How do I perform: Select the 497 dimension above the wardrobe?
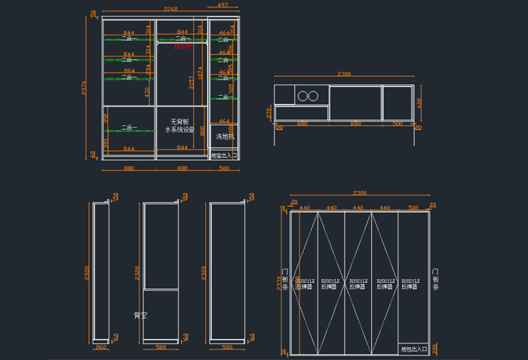(x=223, y=5)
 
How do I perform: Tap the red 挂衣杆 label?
(x=183, y=46)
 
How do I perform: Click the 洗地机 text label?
(x=226, y=137)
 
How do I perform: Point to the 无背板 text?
(x=178, y=121)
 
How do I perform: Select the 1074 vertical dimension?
(x=200, y=74)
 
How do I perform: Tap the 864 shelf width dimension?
(x=129, y=71)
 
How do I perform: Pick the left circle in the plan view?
(x=302, y=96)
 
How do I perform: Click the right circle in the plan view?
(x=315, y=96)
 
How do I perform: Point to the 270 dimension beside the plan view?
(x=269, y=112)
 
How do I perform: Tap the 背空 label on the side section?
(x=140, y=315)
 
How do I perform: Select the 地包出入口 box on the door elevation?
(x=413, y=349)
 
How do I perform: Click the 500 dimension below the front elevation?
(x=224, y=168)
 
